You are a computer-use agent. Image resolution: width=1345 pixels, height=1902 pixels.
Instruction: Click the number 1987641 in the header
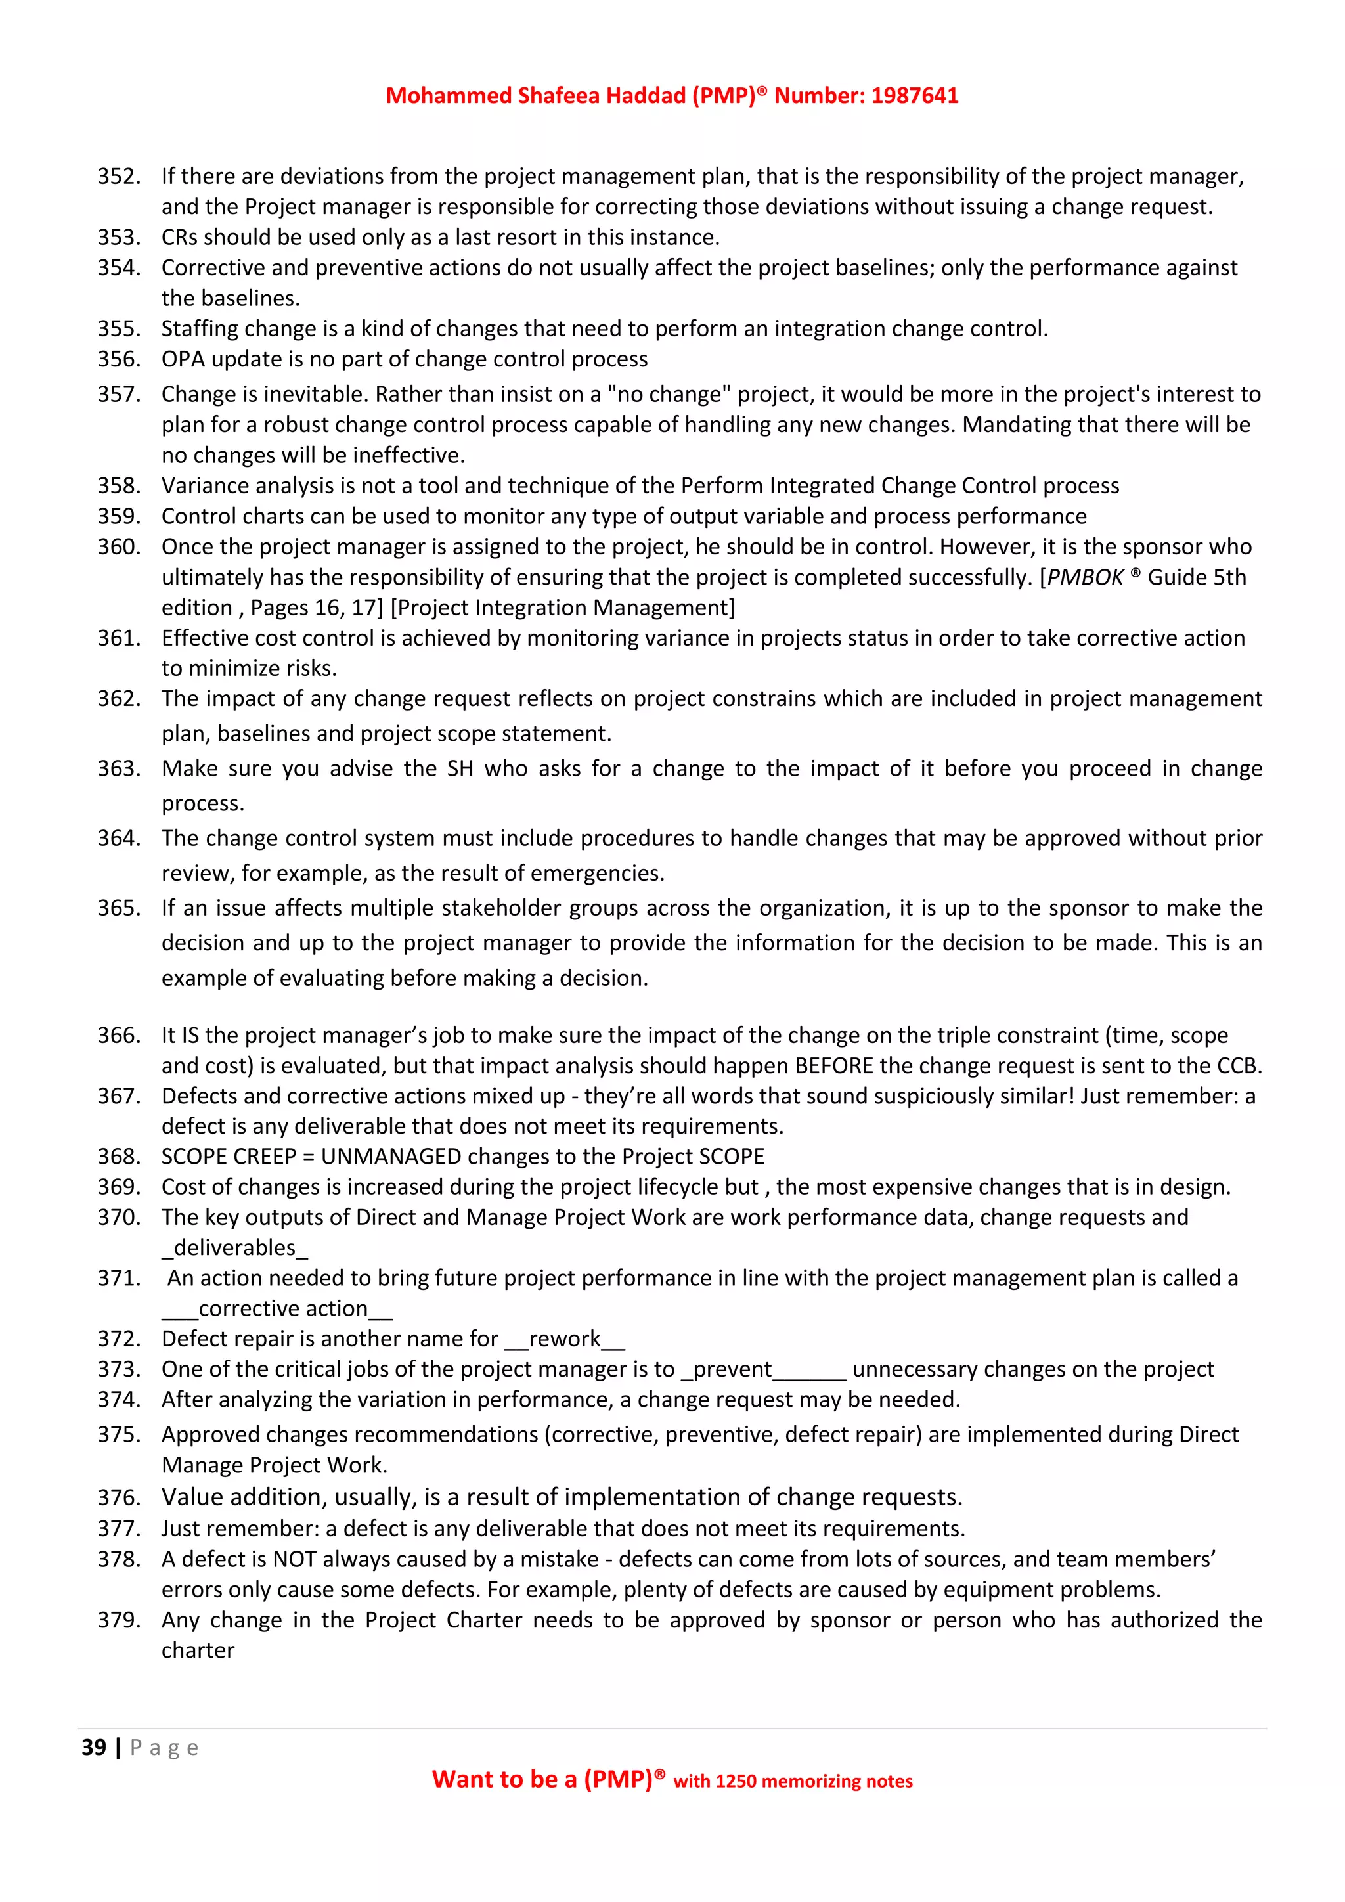(914, 96)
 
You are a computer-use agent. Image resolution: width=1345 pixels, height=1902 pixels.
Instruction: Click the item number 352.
(118, 177)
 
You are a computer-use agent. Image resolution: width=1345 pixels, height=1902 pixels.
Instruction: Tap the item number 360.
(118, 546)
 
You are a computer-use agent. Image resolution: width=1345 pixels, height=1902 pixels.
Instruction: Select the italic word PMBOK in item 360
(1085, 577)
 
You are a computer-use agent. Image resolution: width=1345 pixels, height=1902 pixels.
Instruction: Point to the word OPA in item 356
(182, 359)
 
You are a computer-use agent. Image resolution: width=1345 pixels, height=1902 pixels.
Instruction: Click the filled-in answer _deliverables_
(234, 1248)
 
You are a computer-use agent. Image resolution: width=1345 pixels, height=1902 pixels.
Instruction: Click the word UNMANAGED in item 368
(391, 1157)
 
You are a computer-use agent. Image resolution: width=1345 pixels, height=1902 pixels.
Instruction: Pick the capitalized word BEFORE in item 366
(822, 1065)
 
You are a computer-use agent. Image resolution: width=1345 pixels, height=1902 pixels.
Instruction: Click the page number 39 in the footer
(94, 1747)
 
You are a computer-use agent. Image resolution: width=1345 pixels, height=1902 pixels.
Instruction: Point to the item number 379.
(118, 1620)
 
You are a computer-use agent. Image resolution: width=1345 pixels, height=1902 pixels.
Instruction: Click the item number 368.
(118, 1157)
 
